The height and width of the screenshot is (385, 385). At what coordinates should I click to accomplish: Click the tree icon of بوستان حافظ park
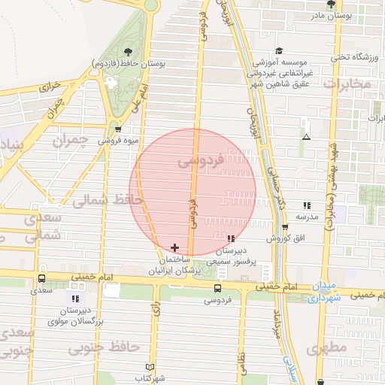(126, 52)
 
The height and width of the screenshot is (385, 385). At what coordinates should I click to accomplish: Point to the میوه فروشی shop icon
(118, 129)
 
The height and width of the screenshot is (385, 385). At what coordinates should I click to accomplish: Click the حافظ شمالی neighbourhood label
(99, 199)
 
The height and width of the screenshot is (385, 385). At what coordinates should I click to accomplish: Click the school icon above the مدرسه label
(306, 205)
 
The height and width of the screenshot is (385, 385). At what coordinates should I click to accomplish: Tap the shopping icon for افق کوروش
(284, 227)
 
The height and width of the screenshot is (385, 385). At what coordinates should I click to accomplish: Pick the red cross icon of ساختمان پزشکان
(174, 247)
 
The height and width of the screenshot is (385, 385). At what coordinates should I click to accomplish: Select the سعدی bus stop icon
(41, 279)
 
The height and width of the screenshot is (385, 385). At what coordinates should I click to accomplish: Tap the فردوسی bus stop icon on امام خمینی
(217, 288)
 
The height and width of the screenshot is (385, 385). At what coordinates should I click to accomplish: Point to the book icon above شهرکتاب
(150, 367)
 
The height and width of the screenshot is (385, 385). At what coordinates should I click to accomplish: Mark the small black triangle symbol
(306, 137)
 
